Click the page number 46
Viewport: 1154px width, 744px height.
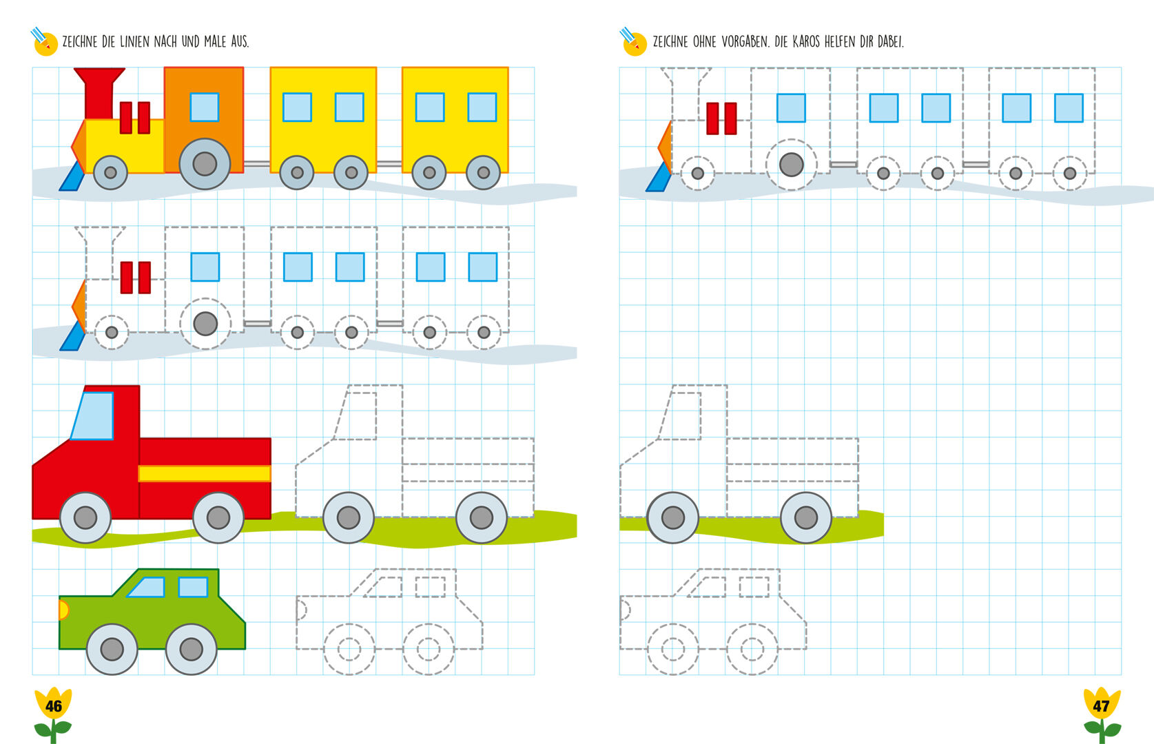point(53,706)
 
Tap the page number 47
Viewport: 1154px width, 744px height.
point(1101,706)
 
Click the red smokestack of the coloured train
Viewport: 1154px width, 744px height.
point(99,93)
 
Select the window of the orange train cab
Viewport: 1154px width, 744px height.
point(205,107)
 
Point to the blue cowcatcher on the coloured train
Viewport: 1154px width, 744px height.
point(72,178)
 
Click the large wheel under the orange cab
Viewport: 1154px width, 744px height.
point(205,164)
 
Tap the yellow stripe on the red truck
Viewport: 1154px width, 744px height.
point(204,473)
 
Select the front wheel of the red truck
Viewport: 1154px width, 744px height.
point(85,517)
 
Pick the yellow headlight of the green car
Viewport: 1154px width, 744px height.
point(63,610)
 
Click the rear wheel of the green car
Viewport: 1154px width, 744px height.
point(191,649)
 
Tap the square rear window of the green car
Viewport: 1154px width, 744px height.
point(193,587)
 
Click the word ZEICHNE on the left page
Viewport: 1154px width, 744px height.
point(80,42)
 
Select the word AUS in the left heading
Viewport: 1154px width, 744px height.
point(239,42)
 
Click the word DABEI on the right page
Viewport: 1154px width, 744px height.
point(890,42)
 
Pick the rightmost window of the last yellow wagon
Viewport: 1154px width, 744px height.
point(482,107)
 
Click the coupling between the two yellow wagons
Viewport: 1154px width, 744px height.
point(389,164)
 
